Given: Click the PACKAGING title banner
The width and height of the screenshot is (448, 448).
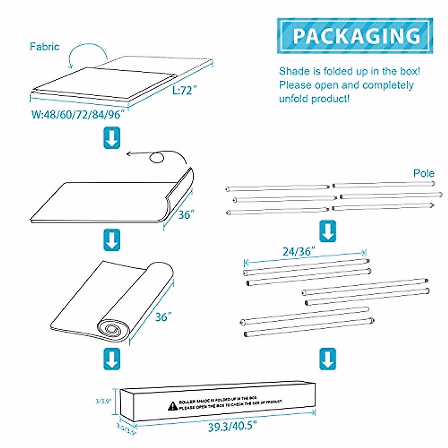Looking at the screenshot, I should (x=355, y=35).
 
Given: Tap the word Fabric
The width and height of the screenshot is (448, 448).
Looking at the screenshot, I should (x=44, y=47).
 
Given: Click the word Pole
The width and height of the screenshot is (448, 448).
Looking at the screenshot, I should (x=424, y=173).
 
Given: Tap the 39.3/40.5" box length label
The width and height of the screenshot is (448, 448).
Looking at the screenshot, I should (x=232, y=426).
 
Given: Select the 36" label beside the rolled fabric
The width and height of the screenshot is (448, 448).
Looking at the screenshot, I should (x=164, y=317).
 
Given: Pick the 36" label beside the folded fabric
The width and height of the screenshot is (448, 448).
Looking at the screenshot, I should (x=186, y=215).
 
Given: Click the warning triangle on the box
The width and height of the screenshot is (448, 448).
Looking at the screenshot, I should (x=172, y=406).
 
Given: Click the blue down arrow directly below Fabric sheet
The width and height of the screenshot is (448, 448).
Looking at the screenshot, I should (x=112, y=138).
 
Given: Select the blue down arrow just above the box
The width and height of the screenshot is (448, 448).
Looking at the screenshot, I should (x=112, y=359).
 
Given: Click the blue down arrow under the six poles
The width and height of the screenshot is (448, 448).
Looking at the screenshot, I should (x=327, y=231).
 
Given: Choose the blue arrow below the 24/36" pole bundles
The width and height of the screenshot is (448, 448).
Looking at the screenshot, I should (x=327, y=359).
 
